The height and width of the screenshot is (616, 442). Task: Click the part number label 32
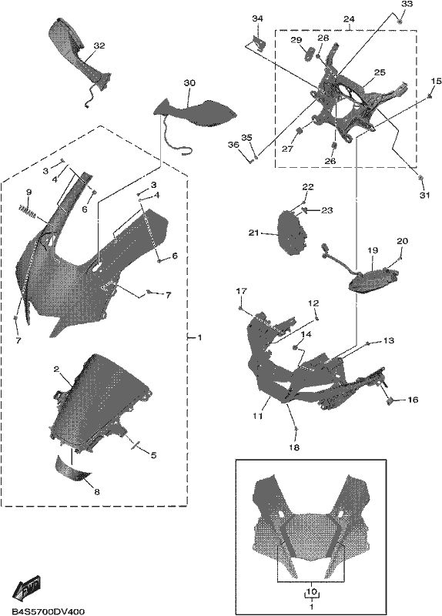point(99,46)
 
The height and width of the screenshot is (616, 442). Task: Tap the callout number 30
point(189,83)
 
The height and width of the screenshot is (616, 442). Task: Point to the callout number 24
point(349,18)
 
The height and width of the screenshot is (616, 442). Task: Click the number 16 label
point(413,400)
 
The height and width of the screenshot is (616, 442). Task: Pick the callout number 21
point(254,233)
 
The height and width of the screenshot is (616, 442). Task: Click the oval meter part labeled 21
point(292,233)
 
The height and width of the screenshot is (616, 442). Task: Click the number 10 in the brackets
point(311,591)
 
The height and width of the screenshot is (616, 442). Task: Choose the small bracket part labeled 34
point(258,42)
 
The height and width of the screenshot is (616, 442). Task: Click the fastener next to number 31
point(420,179)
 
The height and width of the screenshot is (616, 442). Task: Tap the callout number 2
point(56,370)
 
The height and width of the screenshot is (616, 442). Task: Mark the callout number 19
point(373,250)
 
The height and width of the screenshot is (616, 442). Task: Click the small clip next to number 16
point(390,400)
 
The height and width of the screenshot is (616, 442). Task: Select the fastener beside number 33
point(400,22)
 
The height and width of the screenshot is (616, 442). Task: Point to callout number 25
point(380,72)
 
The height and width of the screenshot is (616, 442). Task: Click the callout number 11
point(258,416)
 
